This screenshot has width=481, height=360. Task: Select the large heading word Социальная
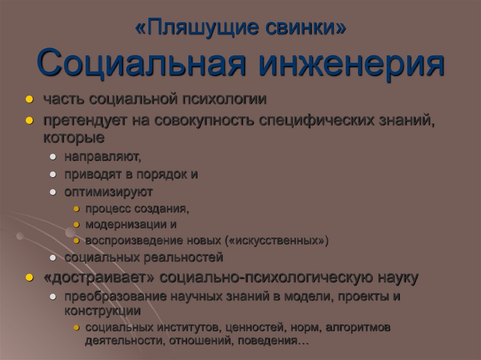[141, 64]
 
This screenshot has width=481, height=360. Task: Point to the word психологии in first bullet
[224, 100]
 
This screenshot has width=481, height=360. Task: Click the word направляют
[103, 156]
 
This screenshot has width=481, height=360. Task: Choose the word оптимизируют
[109, 192]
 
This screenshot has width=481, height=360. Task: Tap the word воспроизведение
[128, 241]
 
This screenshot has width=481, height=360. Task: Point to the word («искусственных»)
[277, 241]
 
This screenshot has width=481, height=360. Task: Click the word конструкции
[102, 310]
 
